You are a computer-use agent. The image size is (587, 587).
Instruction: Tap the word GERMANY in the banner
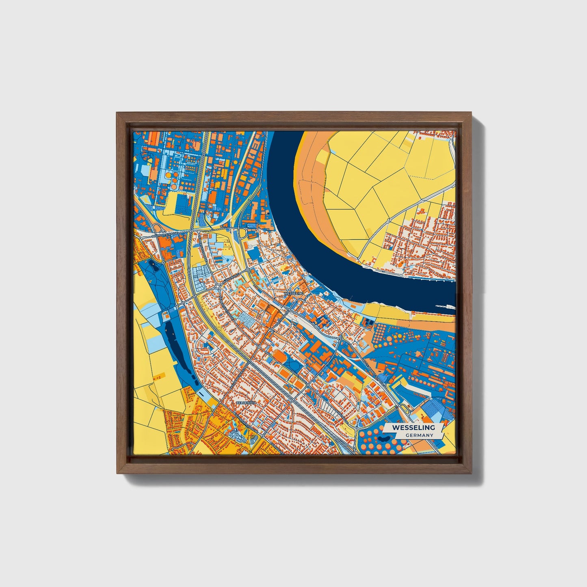(x=419, y=435)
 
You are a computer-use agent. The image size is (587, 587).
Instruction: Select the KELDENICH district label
(x=245, y=403)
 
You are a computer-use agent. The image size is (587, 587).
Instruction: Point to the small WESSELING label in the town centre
(x=294, y=293)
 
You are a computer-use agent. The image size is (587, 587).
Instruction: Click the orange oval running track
(x=279, y=356)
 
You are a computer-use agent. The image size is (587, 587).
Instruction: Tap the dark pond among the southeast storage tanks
(x=387, y=439)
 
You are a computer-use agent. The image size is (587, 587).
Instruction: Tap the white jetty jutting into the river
(x=445, y=307)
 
